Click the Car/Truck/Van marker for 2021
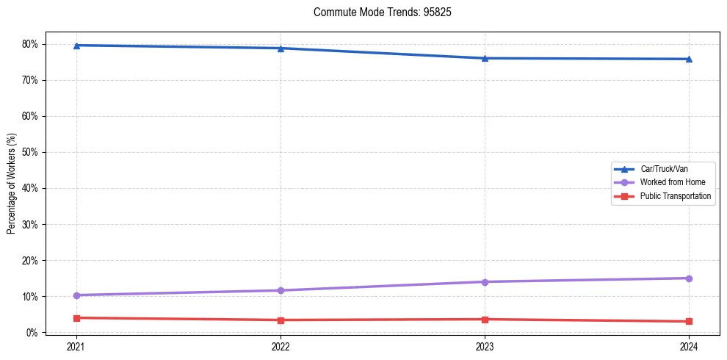click(x=76, y=46)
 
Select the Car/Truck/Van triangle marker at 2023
click(x=485, y=58)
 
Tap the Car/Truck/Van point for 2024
click(x=689, y=59)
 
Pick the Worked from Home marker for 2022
click(x=281, y=290)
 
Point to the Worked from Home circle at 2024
click(x=689, y=278)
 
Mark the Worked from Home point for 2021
click(x=76, y=295)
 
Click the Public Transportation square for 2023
click(x=485, y=319)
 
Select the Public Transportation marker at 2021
click(x=76, y=317)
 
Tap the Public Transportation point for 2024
click(x=689, y=321)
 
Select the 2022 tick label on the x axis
click(x=281, y=345)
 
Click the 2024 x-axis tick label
click(x=689, y=345)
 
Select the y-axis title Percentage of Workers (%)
click(x=12, y=184)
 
